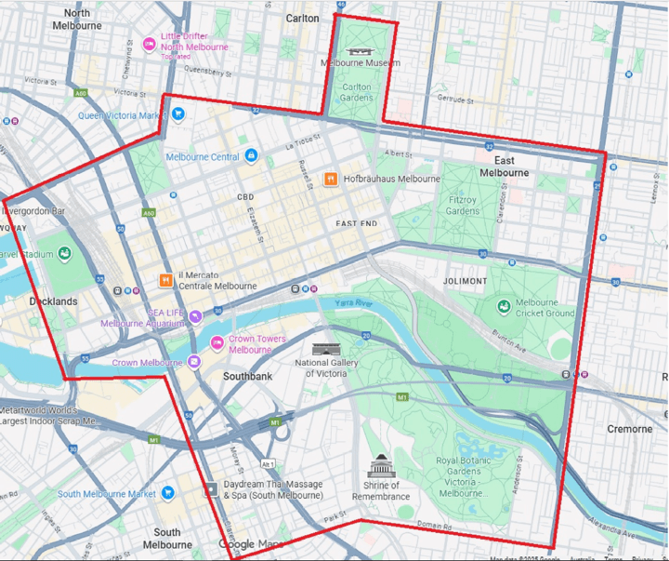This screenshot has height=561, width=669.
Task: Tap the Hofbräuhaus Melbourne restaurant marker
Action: pos(330,179)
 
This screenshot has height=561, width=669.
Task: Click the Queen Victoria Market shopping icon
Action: pos(178,114)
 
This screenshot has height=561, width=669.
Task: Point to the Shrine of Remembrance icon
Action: pos(381,466)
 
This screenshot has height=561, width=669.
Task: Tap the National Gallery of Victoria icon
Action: pos(321,349)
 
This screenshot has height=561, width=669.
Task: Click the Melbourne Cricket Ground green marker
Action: pos(503,304)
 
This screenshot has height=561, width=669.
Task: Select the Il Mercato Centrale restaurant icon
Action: pos(164,279)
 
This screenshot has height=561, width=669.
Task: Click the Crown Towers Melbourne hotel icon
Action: pos(217,343)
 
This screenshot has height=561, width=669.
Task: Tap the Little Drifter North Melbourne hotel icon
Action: pos(149,43)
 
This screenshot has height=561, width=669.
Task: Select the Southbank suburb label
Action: pos(247,377)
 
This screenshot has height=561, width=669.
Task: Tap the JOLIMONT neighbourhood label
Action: pos(464,281)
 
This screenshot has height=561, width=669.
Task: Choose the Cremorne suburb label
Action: pos(629,429)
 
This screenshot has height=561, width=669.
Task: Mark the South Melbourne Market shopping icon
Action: pos(167,493)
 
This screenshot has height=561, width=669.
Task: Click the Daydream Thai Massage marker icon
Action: pos(211,488)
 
